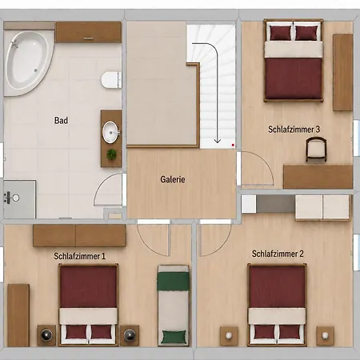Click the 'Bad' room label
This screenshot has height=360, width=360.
[61, 121]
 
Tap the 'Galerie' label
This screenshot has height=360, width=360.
[173, 179]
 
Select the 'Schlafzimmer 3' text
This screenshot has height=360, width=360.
[294, 130]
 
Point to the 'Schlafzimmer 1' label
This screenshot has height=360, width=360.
[79, 256]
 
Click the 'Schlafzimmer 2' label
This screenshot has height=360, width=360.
[278, 254]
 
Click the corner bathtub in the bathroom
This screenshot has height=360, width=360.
[26, 62]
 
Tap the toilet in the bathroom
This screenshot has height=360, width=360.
[111, 80]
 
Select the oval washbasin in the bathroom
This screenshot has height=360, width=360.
[110, 132]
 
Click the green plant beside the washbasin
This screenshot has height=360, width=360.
[111, 154]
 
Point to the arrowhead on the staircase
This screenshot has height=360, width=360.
[218, 141]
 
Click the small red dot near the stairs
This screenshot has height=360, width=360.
[233, 145]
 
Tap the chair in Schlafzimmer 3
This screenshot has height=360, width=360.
[316, 150]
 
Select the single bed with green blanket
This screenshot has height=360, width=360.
[173, 306]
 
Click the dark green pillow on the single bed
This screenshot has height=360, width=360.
[174, 337]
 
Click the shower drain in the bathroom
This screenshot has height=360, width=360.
[16, 198]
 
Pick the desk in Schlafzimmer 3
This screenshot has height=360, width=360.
[318, 177]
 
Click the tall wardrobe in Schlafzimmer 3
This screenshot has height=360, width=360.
[343, 72]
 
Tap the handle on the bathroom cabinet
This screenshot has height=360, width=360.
[88, 38]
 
